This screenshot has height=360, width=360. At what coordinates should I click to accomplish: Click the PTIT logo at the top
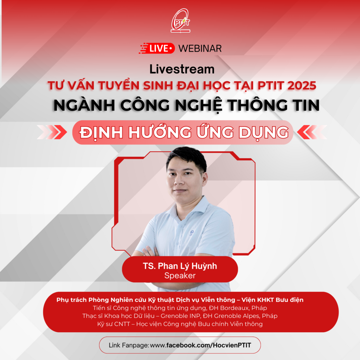tap(180, 21)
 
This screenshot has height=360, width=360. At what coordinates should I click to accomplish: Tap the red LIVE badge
tap(157, 48)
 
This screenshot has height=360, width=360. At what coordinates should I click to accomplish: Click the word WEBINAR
tap(200, 49)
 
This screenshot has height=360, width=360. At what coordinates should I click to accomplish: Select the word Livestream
tap(182, 69)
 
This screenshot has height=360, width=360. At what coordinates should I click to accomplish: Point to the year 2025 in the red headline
tap(302, 86)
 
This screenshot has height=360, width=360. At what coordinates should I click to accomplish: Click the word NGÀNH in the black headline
tap(84, 105)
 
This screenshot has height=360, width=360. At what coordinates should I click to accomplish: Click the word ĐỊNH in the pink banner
tap(101, 133)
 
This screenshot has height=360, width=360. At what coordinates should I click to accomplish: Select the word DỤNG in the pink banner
tap(264, 133)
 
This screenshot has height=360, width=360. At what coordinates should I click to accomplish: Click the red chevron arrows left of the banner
tap(52, 132)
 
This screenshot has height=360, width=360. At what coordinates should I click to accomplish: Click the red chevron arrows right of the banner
tap(312, 132)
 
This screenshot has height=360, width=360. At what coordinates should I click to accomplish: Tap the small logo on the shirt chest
tap(192, 233)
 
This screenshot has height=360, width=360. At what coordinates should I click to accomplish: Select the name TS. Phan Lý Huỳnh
tap(180, 266)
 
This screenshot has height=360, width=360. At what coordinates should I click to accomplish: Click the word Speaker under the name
tap(180, 276)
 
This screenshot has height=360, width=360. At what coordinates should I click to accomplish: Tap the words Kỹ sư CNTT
tap(114, 324)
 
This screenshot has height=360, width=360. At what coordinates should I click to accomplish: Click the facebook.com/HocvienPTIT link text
tap(209, 345)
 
